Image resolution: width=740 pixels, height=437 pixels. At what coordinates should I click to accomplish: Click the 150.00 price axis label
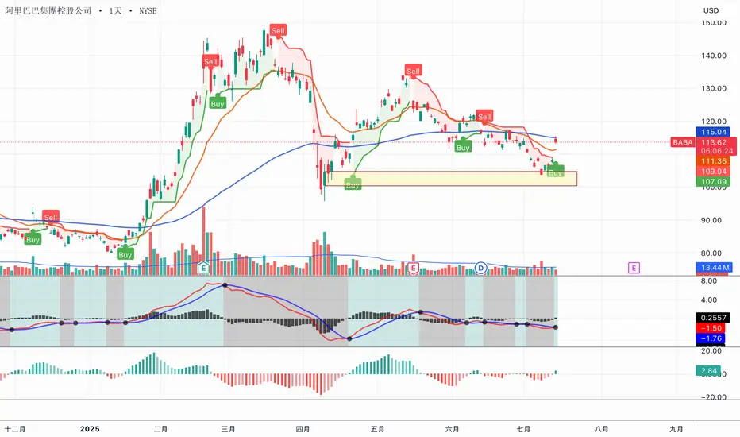coord(715,22)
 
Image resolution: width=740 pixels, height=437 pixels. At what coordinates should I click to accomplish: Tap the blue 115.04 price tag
coord(715,131)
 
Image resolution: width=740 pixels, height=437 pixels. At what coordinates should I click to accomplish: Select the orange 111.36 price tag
coord(715,160)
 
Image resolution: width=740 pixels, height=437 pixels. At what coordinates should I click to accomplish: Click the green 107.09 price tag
coord(715,181)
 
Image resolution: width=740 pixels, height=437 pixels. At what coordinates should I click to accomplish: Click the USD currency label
coord(712,10)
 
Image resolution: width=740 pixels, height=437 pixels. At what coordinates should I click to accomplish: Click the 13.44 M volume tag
coord(715,267)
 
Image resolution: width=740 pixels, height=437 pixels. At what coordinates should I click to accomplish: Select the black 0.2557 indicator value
coord(715,316)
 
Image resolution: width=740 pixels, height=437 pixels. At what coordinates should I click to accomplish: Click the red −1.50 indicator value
coord(715,327)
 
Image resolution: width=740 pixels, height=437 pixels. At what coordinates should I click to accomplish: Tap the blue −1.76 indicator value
coord(715,338)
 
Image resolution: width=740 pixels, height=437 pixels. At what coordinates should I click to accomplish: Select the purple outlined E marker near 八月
coord(634,268)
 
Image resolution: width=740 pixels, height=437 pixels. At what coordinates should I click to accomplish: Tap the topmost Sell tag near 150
coord(277,30)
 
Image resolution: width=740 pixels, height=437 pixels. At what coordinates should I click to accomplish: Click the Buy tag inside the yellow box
coord(352,184)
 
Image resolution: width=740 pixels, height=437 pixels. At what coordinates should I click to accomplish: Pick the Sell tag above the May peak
coord(413,71)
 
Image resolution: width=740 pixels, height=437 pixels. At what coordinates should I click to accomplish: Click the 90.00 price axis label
coord(715,220)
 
